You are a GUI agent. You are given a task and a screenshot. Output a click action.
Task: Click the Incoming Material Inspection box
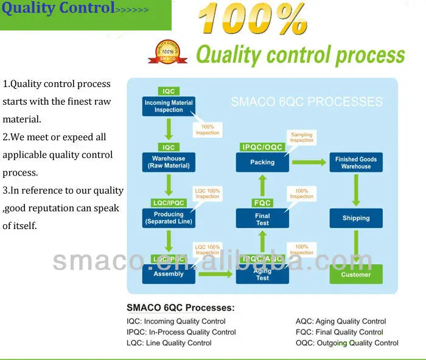(169, 107)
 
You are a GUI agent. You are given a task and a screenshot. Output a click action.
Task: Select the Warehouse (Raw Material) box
(169, 162)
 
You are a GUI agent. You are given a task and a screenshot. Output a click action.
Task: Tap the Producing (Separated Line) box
(169, 218)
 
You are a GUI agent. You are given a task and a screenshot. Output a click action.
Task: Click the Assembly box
(169, 274)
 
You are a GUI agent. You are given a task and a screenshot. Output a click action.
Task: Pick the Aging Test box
(262, 274)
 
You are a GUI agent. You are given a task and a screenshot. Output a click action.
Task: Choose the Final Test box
(262, 219)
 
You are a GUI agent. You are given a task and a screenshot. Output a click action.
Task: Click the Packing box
(262, 162)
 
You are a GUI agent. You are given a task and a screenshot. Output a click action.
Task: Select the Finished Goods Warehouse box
(356, 162)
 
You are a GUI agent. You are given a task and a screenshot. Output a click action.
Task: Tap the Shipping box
(356, 218)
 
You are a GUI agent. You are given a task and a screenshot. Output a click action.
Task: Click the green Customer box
(356, 274)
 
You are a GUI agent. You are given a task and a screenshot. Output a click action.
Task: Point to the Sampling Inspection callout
(301, 138)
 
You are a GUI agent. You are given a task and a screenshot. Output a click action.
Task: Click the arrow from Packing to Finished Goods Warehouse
(309, 162)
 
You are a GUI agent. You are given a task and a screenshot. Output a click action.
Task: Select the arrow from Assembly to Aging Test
(215, 274)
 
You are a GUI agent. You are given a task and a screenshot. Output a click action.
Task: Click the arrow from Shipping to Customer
(356, 247)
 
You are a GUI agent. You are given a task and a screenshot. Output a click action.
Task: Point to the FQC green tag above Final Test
(262, 203)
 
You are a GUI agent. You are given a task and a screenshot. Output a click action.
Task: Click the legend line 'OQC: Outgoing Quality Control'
(347, 343)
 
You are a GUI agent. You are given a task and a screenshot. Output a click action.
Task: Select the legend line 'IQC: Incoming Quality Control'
(176, 321)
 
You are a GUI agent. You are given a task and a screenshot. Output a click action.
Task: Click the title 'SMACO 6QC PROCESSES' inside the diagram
(307, 102)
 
